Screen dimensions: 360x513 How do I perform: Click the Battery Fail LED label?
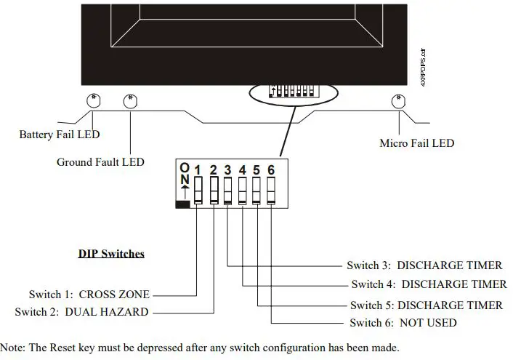pos(59,135)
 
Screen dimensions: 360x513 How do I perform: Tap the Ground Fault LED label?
pos(100,161)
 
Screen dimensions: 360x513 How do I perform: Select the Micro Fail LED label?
pos(416,143)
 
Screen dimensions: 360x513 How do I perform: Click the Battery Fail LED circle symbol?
pos(94,100)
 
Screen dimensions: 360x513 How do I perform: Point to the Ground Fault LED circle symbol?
pos(130,100)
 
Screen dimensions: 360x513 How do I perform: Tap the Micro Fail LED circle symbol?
pos(398,100)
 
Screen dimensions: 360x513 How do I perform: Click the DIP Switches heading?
pos(111,254)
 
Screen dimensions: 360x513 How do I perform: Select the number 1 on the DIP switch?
pos(198,170)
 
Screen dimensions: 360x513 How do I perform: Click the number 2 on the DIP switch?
pos(213,170)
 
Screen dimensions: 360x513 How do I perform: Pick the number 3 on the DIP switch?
pos(227,170)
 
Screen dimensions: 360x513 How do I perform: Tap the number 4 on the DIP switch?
pos(242,170)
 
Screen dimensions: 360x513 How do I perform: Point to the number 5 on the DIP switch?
pos(256,170)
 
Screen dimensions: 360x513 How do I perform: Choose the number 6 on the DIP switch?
pos(271,170)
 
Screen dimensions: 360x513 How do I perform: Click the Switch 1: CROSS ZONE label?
pos(89,295)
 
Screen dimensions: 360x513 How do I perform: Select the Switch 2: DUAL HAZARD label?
pos(81,312)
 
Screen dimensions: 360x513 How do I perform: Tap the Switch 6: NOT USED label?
pos(403,322)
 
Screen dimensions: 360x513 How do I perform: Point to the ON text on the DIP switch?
pos(184,174)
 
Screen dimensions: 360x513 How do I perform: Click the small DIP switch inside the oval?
pos(294,91)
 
